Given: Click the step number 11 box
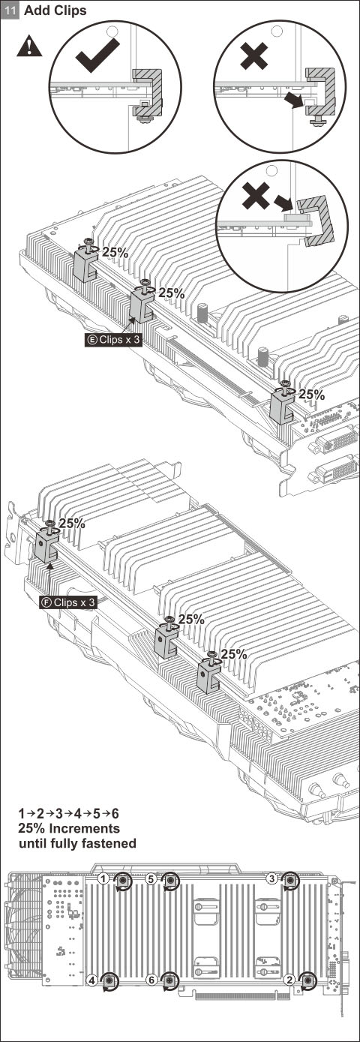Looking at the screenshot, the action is click(x=11, y=11).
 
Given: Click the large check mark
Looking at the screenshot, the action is click(x=97, y=55).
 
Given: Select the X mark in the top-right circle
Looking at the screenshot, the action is click(x=253, y=56).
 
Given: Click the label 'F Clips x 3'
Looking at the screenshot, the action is click(x=68, y=602).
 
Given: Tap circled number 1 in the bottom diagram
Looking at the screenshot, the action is click(x=103, y=878).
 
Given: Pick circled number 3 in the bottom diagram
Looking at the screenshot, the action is click(x=272, y=878).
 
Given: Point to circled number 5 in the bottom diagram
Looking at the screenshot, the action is click(x=151, y=878).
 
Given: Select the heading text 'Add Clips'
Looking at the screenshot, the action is click(x=55, y=11).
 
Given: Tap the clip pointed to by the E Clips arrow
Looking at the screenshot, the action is click(x=142, y=305).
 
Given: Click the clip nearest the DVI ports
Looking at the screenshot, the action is click(x=282, y=404).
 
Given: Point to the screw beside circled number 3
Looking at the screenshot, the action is click(x=291, y=880).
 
